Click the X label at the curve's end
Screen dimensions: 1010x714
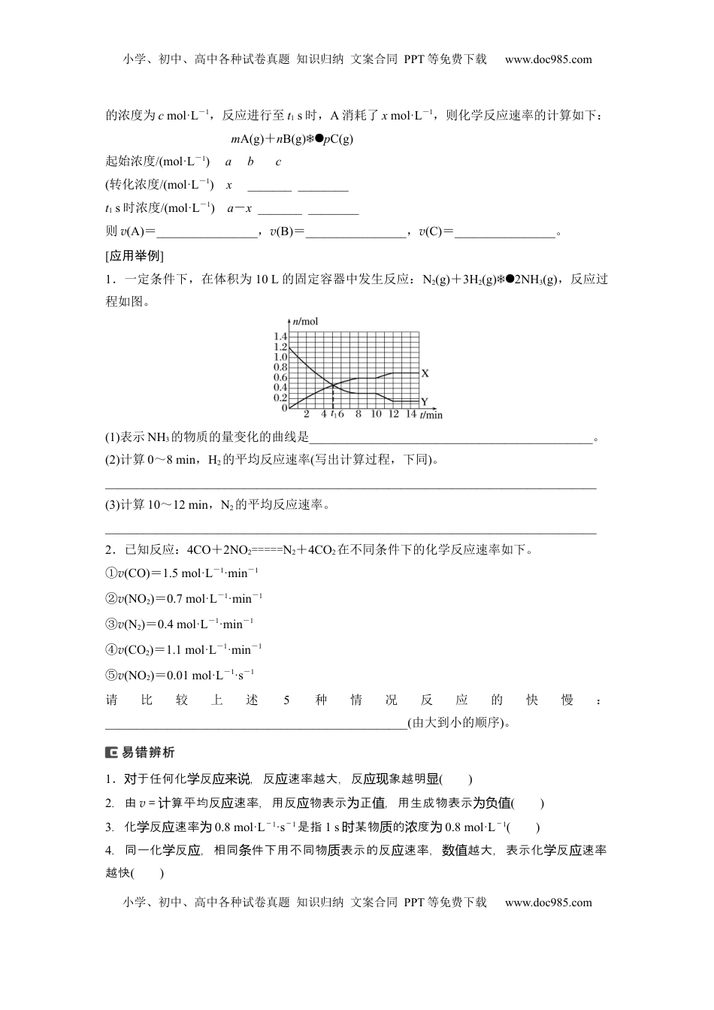click(x=425, y=373)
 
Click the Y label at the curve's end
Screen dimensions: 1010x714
click(x=425, y=402)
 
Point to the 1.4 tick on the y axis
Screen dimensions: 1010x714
click(x=280, y=336)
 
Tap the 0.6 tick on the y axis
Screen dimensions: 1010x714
click(x=280, y=377)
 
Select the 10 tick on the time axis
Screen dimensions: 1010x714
click(x=377, y=414)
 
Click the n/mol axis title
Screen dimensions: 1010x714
click(x=304, y=322)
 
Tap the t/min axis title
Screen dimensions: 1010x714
click(x=431, y=415)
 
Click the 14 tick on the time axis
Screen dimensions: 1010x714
click(x=410, y=414)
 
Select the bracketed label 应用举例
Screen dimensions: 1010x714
click(x=135, y=256)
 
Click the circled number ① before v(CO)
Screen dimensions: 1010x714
click(x=110, y=573)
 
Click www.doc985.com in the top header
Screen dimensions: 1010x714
click(x=548, y=59)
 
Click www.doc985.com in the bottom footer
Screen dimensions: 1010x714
click(x=548, y=903)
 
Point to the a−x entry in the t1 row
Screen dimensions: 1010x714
click(x=239, y=209)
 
